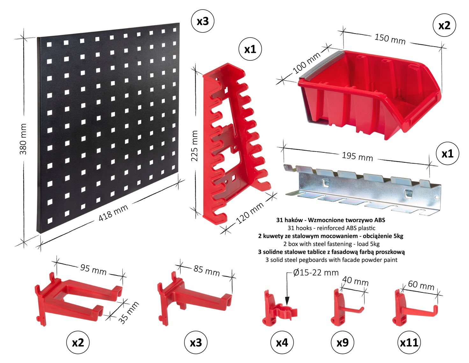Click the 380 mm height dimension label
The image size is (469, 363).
[23, 139]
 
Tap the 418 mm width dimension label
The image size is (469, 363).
[113, 213]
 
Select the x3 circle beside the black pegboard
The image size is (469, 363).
[203, 22]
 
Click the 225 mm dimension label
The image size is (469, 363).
[194, 146]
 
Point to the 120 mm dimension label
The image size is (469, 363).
[250, 213]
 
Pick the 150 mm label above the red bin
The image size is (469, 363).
[390, 39]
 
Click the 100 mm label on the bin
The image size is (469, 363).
[307, 63]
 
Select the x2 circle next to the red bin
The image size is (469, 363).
[444, 26]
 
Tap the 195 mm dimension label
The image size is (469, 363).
[357, 156]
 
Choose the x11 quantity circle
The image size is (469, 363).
[409, 342]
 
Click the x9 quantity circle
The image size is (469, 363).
[342, 342]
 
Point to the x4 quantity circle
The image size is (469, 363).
[282, 342]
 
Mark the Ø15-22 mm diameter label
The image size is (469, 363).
[316, 273]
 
